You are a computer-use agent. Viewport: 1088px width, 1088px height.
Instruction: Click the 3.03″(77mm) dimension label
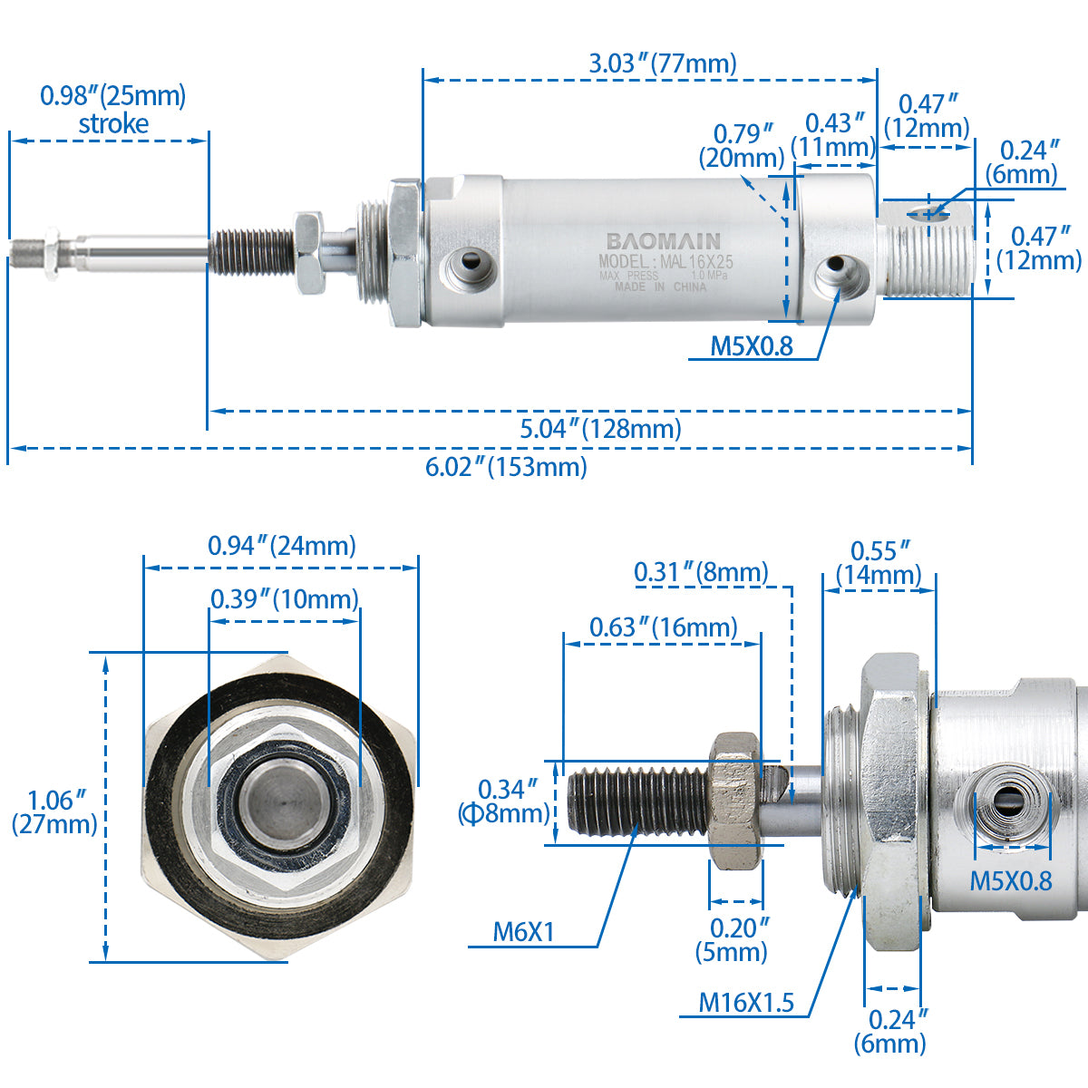(x=663, y=63)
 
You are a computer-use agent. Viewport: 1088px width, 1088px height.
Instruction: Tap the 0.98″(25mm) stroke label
(x=112, y=110)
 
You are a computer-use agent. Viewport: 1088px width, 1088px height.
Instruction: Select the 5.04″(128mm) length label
(x=600, y=428)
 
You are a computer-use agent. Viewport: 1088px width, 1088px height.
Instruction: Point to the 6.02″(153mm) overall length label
(x=506, y=467)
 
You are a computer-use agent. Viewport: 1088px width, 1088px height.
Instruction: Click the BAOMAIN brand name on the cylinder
(x=664, y=241)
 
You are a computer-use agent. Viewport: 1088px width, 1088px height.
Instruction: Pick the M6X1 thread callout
(x=523, y=931)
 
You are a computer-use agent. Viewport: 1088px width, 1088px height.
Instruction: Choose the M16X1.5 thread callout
(x=745, y=1002)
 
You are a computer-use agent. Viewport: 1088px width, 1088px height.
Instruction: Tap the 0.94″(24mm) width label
(x=282, y=546)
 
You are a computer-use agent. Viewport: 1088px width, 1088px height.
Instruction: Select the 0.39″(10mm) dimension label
(x=285, y=598)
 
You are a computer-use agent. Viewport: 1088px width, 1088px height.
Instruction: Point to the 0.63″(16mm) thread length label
(x=664, y=627)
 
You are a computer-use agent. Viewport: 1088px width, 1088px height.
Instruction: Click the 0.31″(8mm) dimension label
(x=701, y=572)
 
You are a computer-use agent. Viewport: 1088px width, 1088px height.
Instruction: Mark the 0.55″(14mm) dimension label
(x=879, y=563)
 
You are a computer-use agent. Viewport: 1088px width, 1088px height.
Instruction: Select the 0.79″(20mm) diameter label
(x=742, y=145)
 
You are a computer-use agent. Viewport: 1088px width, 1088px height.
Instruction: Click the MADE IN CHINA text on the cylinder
(x=660, y=287)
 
